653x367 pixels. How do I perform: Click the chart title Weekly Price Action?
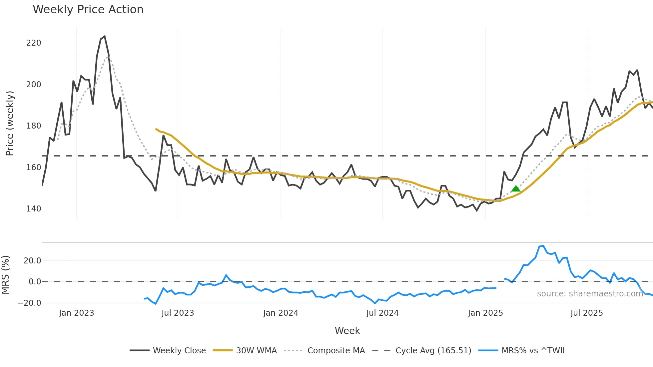(88, 10)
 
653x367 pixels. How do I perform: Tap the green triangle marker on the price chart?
(516, 189)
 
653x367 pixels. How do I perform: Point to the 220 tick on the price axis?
(34, 43)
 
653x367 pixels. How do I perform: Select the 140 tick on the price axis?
(34, 209)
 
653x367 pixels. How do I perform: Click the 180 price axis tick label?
(34, 126)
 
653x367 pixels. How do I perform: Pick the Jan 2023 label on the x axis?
(76, 313)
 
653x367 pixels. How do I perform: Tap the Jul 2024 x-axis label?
(382, 313)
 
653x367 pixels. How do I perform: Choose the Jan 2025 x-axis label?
(485, 313)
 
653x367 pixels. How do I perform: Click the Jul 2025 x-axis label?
(586, 313)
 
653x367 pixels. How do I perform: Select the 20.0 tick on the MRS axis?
(32, 261)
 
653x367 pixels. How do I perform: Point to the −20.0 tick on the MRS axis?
(29, 303)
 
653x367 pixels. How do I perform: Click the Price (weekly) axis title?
(10, 123)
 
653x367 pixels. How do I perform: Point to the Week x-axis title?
(347, 331)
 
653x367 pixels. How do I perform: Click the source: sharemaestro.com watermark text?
(590, 294)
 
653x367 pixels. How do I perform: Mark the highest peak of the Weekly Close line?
(105, 36)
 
